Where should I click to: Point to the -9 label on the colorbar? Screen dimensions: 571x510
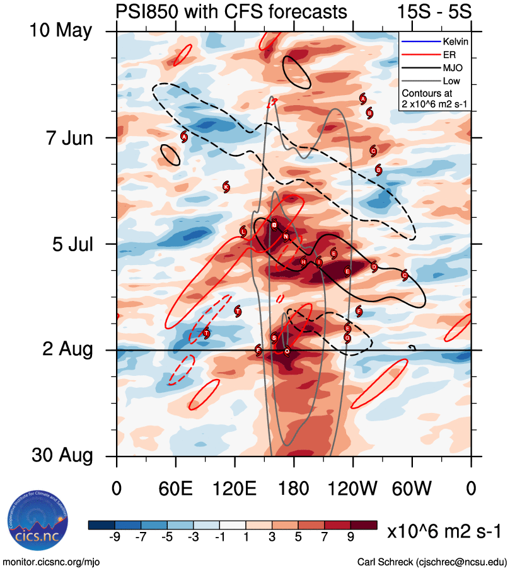[x=115, y=536]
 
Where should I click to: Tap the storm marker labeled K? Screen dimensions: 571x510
[x=226, y=186]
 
